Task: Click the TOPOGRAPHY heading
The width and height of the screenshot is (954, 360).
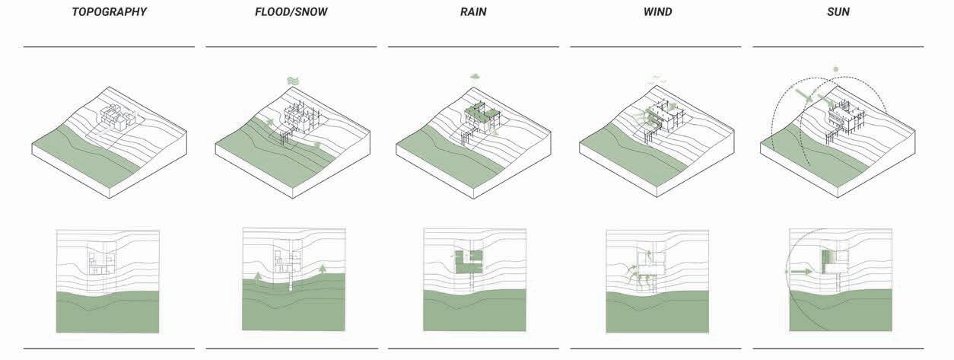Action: tap(109, 13)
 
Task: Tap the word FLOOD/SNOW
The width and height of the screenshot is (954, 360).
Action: tap(291, 13)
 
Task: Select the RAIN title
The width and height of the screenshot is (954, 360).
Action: tap(473, 13)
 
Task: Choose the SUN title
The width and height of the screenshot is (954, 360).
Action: tap(838, 13)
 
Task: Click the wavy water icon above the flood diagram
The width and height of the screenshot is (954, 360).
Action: tap(293, 81)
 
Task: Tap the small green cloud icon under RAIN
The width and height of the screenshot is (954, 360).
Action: tap(475, 75)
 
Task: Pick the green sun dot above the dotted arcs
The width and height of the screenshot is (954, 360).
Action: tap(836, 69)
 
